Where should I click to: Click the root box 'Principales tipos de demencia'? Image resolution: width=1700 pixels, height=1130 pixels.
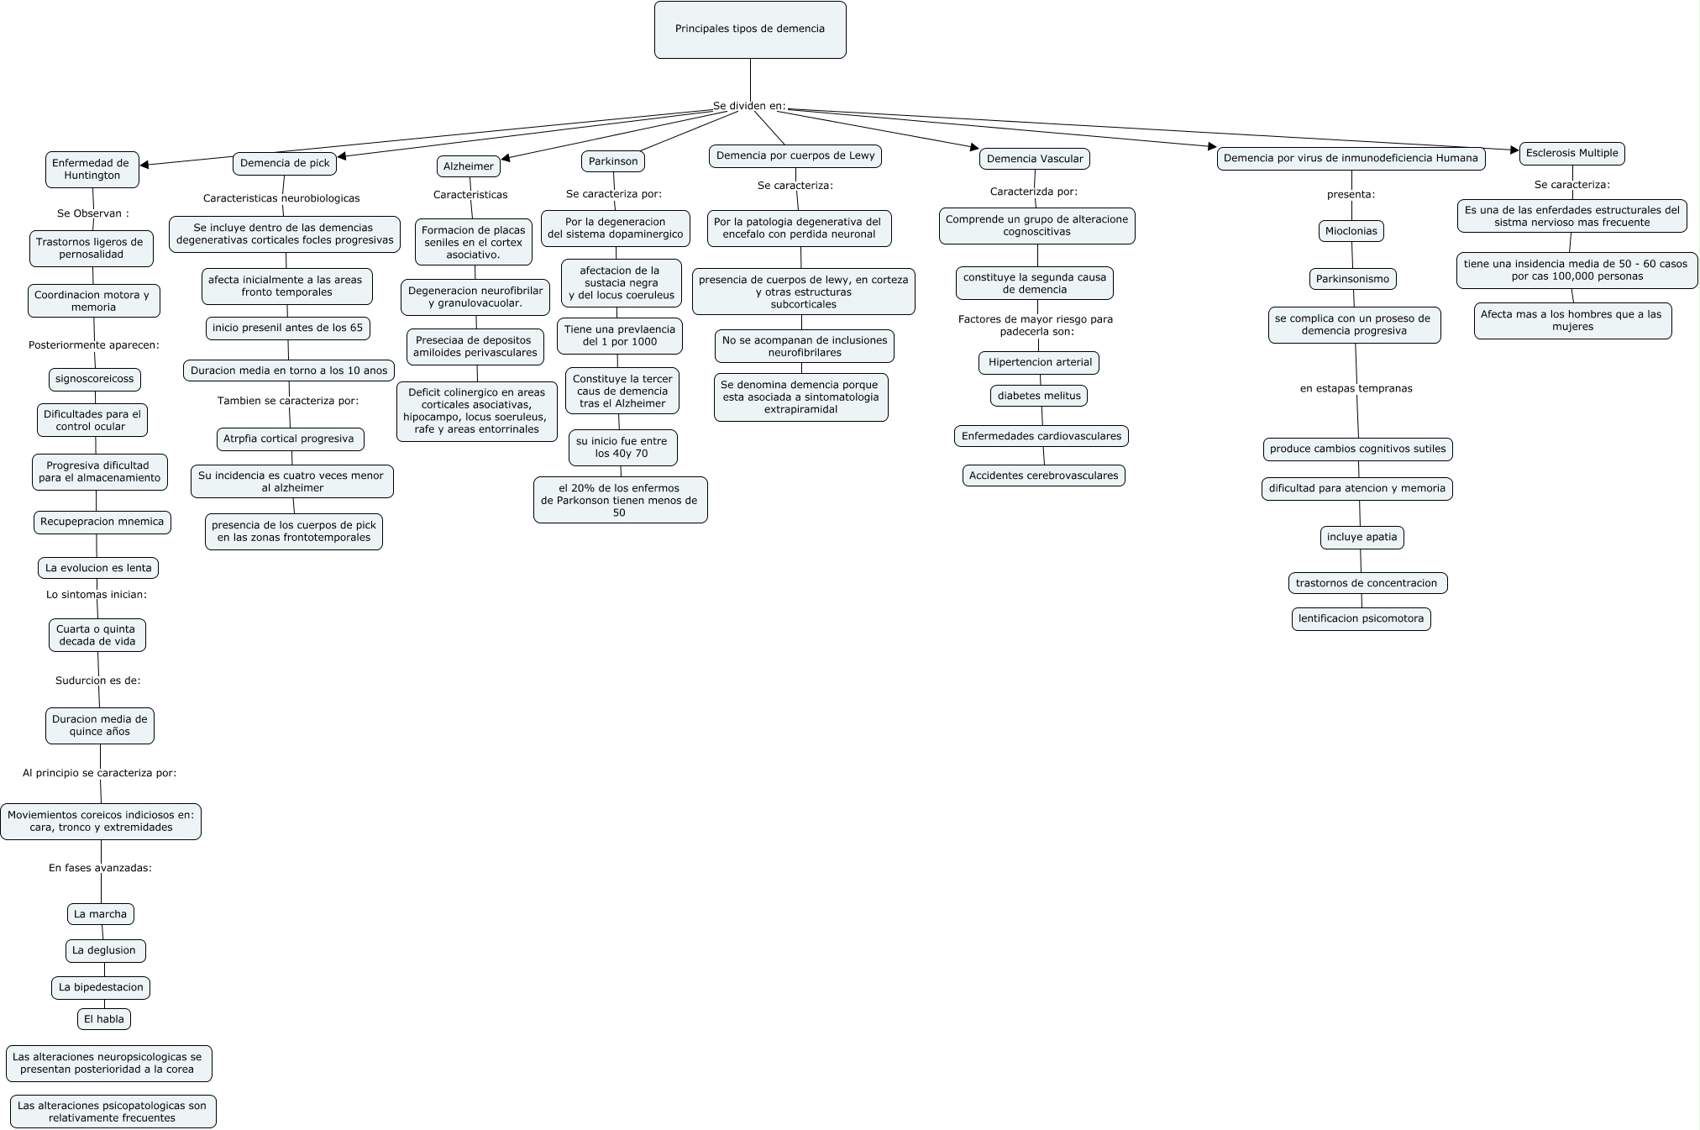point(750,29)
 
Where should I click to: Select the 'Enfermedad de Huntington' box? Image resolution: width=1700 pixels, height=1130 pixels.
point(92,170)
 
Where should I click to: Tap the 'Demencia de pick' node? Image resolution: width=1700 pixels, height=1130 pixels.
point(285,163)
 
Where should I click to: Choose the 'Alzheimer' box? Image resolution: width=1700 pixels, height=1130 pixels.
point(469,166)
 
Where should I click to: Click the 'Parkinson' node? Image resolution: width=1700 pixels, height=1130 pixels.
point(613,161)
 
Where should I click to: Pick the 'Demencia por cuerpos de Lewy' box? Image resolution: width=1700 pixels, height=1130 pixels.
point(795,155)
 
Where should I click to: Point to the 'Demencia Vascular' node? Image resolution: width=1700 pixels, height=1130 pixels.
point(1035,159)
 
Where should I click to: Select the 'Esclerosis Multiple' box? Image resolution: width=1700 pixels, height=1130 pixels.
point(1571,154)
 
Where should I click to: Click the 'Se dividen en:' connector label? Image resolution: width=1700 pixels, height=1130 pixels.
point(749,107)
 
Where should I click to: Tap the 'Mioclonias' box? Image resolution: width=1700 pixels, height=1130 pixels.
point(1351,231)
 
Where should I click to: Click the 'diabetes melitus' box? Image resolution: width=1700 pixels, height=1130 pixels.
point(1039,396)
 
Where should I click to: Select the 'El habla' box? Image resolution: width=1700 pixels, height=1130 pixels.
point(104,1019)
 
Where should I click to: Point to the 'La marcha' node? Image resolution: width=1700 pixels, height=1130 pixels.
point(100,914)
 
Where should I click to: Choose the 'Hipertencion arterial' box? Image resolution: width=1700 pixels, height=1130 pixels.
point(1039,363)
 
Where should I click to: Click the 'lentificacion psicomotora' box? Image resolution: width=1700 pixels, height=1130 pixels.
point(1361,619)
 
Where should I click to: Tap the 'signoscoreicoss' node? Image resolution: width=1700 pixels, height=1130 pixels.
point(94,379)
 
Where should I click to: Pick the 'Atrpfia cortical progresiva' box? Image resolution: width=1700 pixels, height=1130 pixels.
point(289,439)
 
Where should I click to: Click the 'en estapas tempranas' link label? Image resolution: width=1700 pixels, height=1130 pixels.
point(1356,389)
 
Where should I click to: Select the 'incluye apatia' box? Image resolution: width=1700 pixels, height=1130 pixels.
point(1362,538)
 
